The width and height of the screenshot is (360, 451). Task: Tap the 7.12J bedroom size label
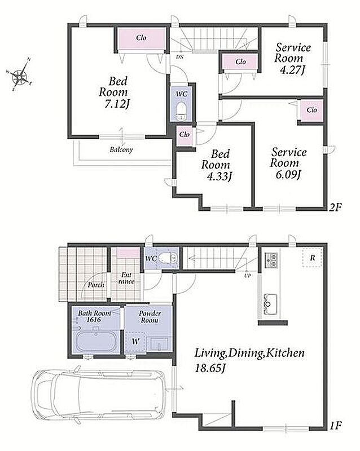click(x=116, y=104)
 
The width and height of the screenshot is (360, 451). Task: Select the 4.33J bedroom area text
click(x=219, y=176)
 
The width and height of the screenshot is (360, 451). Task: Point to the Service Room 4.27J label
click(x=293, y=59)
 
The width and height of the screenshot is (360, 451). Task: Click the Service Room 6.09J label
click(x=288, y=163)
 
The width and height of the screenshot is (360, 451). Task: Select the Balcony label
click(x=121, y=149)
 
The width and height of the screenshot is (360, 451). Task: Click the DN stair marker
click(x=179, y=57)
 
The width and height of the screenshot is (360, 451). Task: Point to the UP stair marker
click(x=247, y=275)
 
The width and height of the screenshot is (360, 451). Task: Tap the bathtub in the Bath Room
click(x=96, y=342)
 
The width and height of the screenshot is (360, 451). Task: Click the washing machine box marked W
click(x=135, y=342)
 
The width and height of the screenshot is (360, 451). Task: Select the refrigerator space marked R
click(x=312, y=258)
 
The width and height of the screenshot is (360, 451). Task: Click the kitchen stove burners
click(x=271, y=260)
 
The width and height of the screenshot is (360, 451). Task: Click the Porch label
click(x=96, y=285)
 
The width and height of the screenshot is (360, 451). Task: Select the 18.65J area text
click(x=210, y=368)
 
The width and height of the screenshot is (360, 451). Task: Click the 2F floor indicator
click(x=335, y=207)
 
